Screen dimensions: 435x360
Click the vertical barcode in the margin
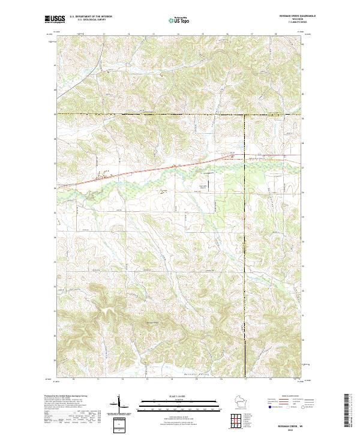click(x=346, y=410)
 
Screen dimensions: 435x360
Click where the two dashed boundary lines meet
click(x=245, y=114)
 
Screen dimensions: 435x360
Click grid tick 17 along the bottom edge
click(x=245, y=380)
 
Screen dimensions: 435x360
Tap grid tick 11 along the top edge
click(x=104, y=35)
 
